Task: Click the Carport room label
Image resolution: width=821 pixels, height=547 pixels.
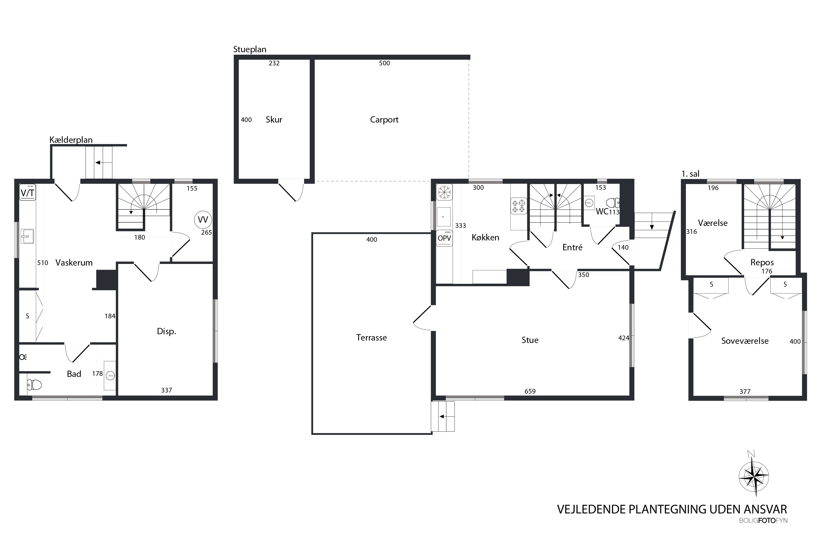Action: point(384,120)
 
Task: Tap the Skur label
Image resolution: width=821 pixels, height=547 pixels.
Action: point(274,120)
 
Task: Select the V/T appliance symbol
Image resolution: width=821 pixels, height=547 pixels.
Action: point(28,192)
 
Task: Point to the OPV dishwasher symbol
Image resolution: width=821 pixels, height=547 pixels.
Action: point(444,238)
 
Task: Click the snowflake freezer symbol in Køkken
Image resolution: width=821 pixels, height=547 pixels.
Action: point(444,192)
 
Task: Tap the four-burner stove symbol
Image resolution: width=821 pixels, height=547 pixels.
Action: point(519,206)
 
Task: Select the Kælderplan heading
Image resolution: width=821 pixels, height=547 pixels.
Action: point(71,140)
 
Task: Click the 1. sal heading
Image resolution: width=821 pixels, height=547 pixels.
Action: point(690,174)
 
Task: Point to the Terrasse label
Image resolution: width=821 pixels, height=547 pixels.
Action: point(371,338)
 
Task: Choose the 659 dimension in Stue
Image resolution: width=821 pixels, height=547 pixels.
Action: point(530,391)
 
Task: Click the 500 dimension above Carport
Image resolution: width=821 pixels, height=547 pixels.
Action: point(384,63)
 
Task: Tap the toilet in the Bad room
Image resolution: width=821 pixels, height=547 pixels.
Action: point(34,385)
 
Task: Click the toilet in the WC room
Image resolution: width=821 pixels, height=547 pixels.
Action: point(613,203)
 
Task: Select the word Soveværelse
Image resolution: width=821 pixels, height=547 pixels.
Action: point(745,341)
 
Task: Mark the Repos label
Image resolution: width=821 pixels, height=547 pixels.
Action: point(762,262)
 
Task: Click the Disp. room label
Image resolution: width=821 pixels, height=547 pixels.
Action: point(166,331)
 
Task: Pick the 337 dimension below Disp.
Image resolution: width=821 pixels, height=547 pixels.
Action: point(166,390)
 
